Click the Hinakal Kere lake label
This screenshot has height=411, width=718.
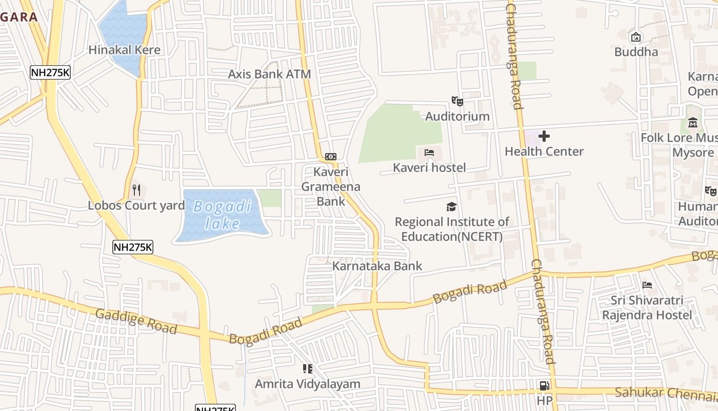[x=125, y=50]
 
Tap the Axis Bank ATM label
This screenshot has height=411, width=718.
[x=269, y=74]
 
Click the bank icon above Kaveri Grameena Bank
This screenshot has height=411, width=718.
[x=331, y=156]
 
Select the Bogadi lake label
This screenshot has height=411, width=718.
[x=223, y=215]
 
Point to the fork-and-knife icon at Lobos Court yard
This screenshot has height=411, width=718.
[x=136, y=190]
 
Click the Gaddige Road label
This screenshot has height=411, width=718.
[x=136, y=321]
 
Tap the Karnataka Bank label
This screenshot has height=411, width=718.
[x=377, y=266]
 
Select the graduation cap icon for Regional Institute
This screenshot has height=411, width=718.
[x=451, y=207]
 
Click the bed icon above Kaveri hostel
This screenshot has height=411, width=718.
[x=429, y=153]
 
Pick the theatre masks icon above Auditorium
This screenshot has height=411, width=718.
[x=457, y=101]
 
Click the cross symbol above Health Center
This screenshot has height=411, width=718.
[x=544, y=136]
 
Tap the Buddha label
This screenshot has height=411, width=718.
[x=636, y=52]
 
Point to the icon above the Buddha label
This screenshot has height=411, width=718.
[x=636, y=37]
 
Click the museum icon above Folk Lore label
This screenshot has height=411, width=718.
[x=693, y=122]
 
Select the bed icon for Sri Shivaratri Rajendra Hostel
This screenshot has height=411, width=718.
[x=647, y=285]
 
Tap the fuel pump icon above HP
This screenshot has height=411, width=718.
[x=544, y=385]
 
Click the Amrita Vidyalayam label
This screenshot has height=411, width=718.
[x=308, y=384]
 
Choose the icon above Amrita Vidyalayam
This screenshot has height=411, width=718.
[x=308, y=368]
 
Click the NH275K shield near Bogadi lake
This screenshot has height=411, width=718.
[x=133, y=247]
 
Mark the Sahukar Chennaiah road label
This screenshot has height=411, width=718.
[x=666, y=394]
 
